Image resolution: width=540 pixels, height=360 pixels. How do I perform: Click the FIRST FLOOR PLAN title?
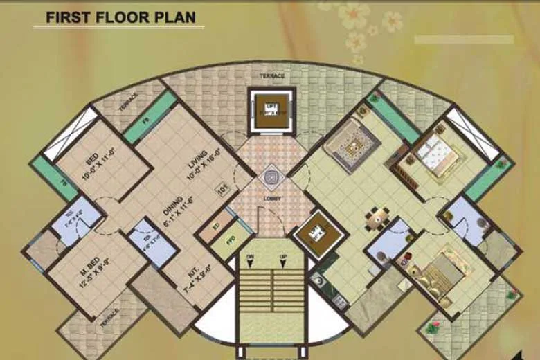point(120,17)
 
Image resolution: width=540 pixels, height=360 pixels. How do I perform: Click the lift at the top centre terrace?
point(269,109)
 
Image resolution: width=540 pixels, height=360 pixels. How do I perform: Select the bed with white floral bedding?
point(433,154)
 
